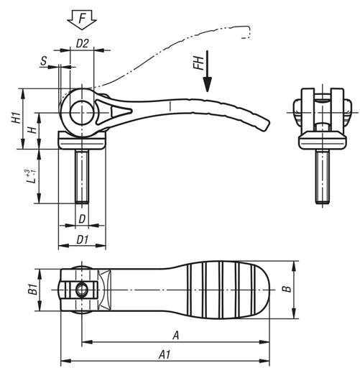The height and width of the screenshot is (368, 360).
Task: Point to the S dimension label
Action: [x=44, y=63]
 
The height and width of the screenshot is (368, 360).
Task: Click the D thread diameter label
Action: [x=83, y=218]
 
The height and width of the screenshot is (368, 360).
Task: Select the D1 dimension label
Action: [x=83, y=239]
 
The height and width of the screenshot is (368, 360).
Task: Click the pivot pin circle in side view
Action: [x=81, y=112]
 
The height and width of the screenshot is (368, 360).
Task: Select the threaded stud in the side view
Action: [x=83, y=176]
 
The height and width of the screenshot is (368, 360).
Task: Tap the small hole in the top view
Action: [x=81, y=289]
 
